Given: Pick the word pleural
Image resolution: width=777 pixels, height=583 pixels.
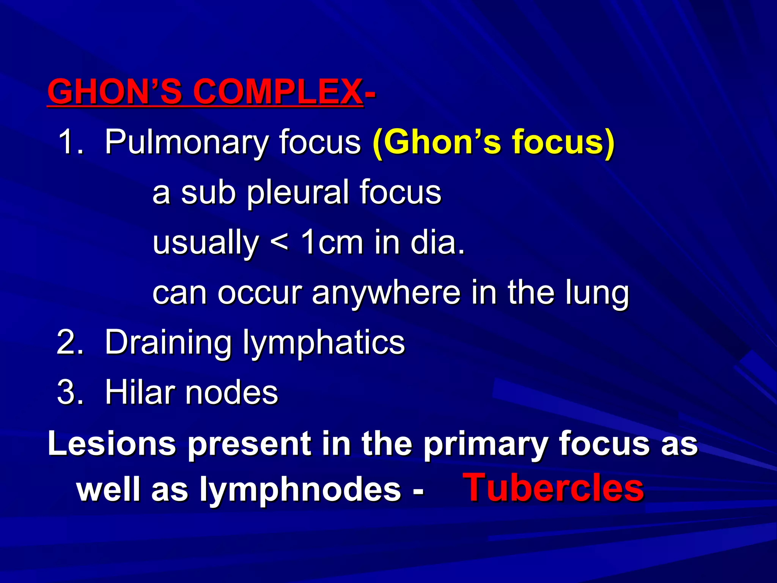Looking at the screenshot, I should click(298, 192).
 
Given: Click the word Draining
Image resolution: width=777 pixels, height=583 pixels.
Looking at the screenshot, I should click(168, 342).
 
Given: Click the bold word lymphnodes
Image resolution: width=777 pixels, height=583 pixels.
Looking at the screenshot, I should click(300, 490).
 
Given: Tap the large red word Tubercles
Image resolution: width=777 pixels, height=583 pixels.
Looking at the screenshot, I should click(554, 488).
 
